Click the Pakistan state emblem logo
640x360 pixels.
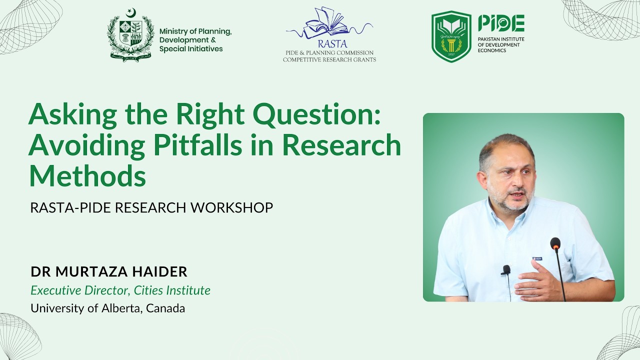[130, 34]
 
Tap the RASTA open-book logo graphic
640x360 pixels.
[327, 24]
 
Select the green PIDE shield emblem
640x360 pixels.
[451, 36]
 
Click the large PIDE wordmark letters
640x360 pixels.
[501, 23]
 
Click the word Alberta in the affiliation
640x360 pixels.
[120, 308]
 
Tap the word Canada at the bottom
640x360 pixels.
[166, 308]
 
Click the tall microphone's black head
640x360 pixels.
[555, 243]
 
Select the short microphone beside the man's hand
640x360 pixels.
[506, 270]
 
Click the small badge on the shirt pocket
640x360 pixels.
[537, 258]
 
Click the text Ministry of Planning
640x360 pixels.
[195, 31]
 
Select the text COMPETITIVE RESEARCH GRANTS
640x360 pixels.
[329, 59]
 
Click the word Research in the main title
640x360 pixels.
[342, 145]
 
